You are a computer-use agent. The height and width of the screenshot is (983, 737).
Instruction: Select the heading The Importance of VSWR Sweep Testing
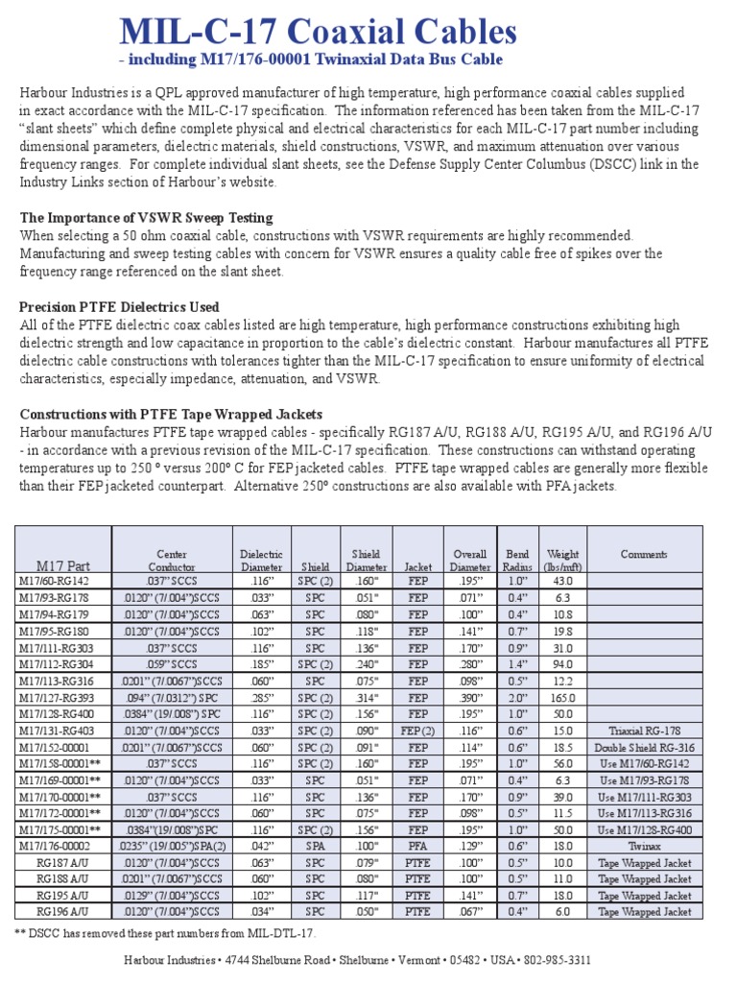pyautogui.click(x=146, y=217)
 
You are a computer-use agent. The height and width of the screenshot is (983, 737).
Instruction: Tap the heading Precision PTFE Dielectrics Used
pyautogui.click(x=119, y=307)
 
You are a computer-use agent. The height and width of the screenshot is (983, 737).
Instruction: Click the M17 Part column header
pyautogui.click(x=63, y=566)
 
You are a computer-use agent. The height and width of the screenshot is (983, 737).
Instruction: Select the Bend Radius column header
pyautogui.click(x=517, y=561)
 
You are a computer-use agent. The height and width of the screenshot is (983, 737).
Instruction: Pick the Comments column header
pyautogui.click(x=644, y=555)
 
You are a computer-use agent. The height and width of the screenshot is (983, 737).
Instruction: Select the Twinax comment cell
pyautogui.click(x=644, y=846)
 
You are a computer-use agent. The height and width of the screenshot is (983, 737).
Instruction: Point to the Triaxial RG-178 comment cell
pyautogui.click(x=644, y=731)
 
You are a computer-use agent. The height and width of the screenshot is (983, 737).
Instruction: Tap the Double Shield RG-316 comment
pyautogui.click(x=644, y=748)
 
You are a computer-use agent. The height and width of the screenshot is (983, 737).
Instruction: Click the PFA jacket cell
pyautogui.click(x=417, y=846)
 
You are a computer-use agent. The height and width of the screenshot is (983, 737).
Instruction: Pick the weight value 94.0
pyautogui.click(x=562, y=663)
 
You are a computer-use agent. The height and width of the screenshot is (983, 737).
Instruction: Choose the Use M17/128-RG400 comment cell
pyautogui.click(x=644, y=829)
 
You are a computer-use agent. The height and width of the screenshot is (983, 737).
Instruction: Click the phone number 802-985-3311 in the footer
pyautogui.click(x=557, y=960)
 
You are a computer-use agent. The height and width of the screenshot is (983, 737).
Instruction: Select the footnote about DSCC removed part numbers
pyautogui.click(x=164, y=933)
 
